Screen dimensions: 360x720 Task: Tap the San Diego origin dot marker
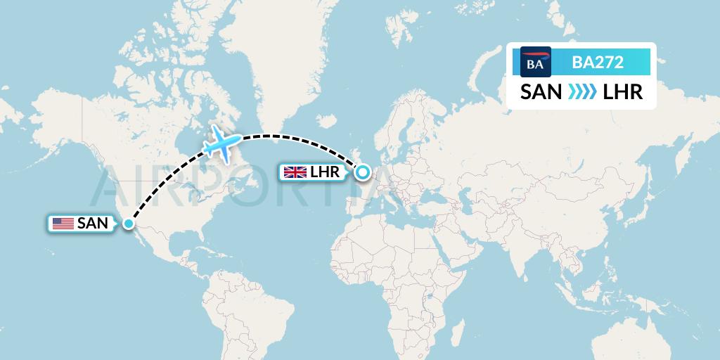(x=129, y=224)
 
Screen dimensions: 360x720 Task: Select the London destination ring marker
(x=363, y=172)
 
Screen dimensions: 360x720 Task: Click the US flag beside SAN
(x=63, y=224)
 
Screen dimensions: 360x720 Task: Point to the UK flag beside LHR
(x=294, y=172)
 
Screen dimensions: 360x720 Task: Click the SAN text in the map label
(x=92, y=224)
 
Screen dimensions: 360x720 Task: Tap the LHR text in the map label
(x=324, y=172)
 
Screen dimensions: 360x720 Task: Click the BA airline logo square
(x=535, y=62)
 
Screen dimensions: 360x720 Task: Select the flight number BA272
(x=598, y=62)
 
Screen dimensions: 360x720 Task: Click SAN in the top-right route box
(x=541, y=92)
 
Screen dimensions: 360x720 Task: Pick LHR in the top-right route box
(x=623, y=92)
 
